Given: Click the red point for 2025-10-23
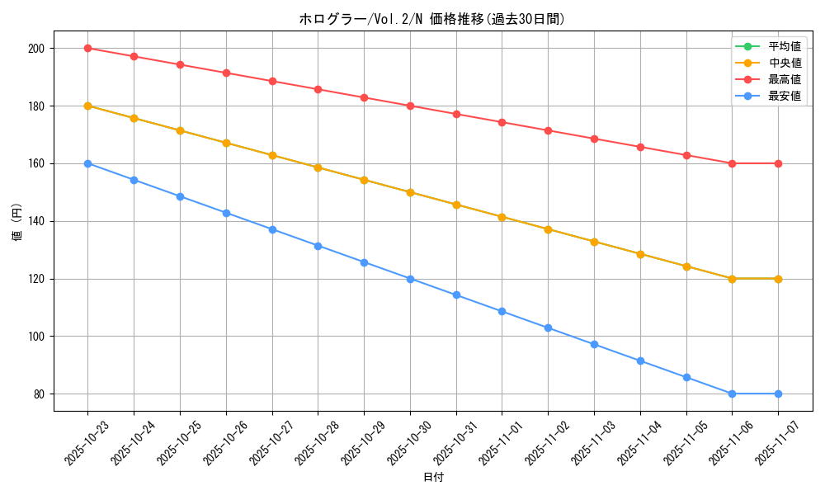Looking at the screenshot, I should [87, 48].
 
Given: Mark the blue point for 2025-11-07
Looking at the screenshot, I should [778, 394].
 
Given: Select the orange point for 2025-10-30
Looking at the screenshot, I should [410, 192].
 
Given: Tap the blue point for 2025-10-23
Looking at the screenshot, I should [87, 163].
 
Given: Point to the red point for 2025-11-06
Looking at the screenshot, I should [732, 163].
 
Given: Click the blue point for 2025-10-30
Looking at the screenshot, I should [410, 279].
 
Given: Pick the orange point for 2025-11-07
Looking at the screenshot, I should [778, 279].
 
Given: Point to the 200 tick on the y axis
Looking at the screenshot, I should [36, 48].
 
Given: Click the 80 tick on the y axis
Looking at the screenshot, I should [39, 394].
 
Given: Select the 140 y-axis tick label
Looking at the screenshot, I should [36, 221].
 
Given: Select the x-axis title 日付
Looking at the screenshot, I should [433, 478].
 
